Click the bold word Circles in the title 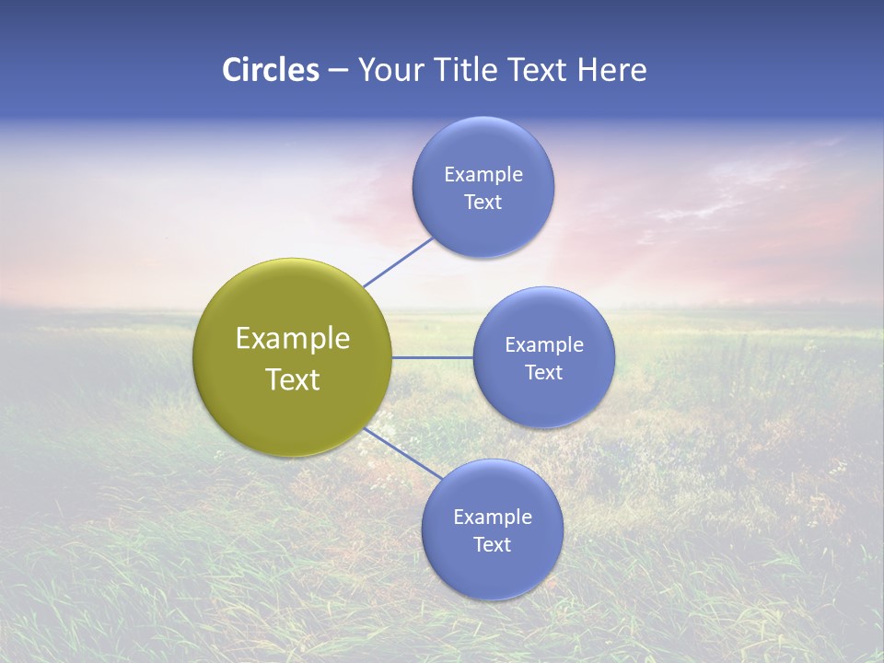click(270, 70)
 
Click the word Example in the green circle click(293, 339)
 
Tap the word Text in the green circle click(293, 379)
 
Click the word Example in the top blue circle click(483, 175)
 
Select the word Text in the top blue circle click(483, 203)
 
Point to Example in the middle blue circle click(543, 345)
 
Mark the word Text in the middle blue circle click(543, 373)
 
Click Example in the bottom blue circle click(492, 518)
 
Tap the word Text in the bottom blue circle click(492, 545)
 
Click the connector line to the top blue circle click(398, 262)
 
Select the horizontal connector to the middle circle click(432, 357)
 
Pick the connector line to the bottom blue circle click(402, 453)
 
